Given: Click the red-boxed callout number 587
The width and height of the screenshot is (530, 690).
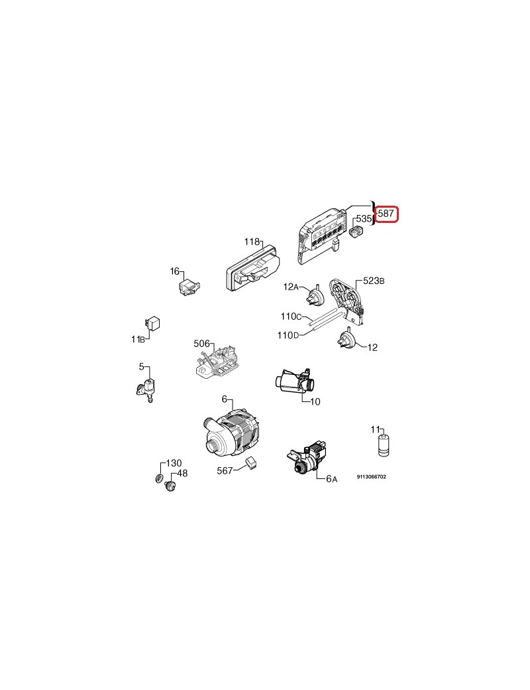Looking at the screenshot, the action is coord(386,214).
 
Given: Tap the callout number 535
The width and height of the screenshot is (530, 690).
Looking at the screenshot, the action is coord(364,219).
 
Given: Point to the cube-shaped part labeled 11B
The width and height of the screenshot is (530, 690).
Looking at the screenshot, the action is coord(152,324).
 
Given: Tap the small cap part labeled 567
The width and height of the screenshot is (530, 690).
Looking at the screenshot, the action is coord(252,463).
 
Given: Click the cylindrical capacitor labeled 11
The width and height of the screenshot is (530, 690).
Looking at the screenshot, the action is coord(384,446).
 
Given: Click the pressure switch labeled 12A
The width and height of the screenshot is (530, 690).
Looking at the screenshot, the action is coord(317,295).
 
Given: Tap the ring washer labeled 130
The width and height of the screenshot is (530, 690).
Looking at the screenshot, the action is coord(160,478).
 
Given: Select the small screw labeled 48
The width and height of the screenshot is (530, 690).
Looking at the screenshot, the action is coord(170,486).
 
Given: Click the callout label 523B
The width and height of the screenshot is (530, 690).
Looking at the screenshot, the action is coord(374,281).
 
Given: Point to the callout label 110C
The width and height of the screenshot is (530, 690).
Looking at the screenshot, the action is coord(291,316).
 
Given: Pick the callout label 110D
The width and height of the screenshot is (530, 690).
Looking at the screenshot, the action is coord(288,335).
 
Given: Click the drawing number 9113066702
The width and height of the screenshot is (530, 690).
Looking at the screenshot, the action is coord(372,476).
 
